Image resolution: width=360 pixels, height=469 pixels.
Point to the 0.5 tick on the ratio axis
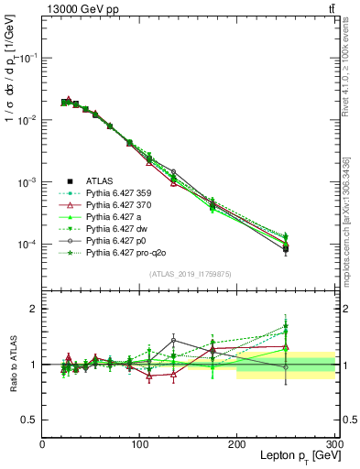(x=29, y=420)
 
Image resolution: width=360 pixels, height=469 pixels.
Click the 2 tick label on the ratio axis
(x=33, y=310)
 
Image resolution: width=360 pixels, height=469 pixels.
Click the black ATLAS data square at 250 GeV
(x=286, y=248)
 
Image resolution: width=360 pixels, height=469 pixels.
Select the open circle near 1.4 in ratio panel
(x=173, y=341)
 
